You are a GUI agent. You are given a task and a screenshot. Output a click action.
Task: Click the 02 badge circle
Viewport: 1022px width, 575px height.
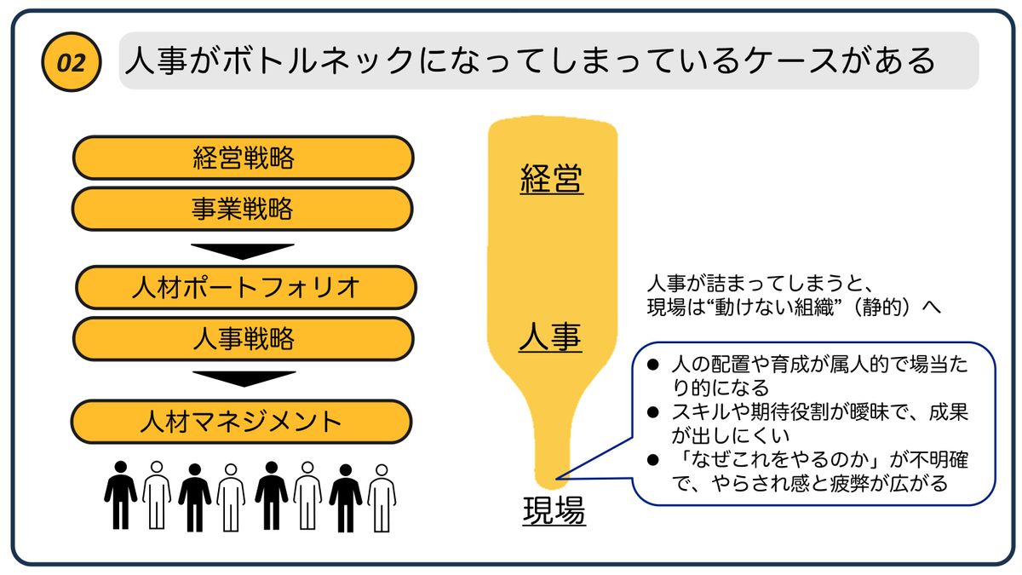(71, 63)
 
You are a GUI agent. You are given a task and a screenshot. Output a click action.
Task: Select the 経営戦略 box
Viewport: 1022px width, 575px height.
(243, 158)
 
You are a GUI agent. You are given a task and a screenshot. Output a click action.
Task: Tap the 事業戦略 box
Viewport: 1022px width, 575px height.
(243, 209)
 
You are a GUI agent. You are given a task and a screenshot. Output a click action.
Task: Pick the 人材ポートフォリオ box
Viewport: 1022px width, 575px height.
(245, 287)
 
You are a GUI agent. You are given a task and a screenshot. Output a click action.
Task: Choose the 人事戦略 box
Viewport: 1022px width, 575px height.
(243, 339)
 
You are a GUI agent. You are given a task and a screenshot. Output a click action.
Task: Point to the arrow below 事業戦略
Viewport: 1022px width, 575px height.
(243, 251)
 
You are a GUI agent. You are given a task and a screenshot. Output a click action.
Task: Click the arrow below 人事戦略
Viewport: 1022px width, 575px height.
(244, 378)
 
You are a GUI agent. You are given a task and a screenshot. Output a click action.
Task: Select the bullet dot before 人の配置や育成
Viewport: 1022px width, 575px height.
(653, 365)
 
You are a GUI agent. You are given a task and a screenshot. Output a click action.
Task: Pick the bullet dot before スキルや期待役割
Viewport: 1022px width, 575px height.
(653, 412)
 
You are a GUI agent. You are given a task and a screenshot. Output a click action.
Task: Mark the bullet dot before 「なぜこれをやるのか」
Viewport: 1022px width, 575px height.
(653, 460)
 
